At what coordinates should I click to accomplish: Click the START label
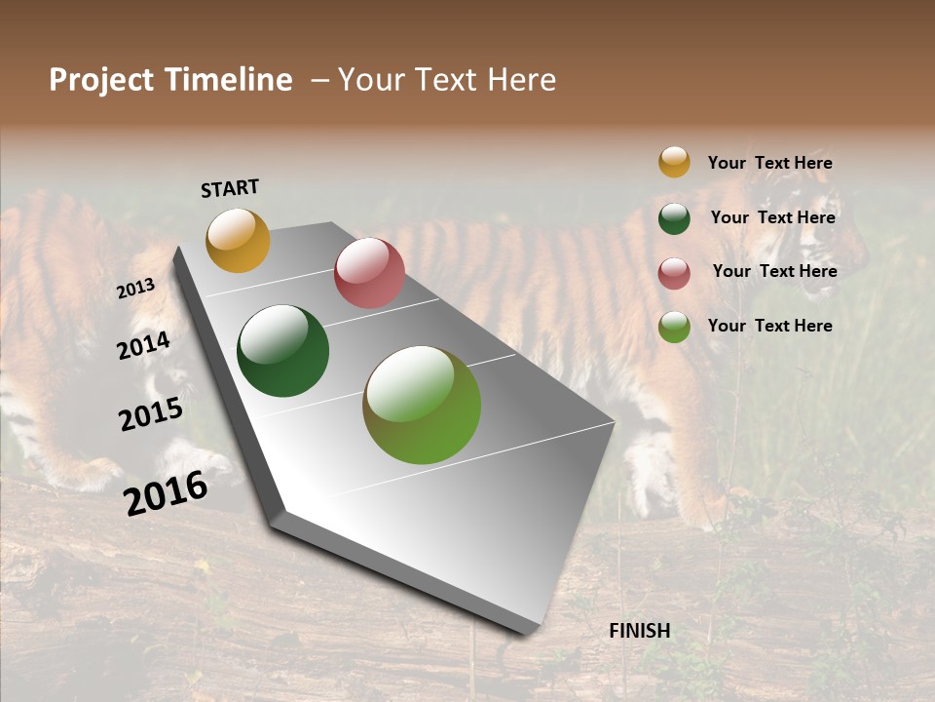tap(230, 188)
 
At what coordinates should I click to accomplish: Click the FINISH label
tap(639, 631)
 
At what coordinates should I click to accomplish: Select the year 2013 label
tap(135, 289)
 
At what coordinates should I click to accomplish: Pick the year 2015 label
tap(151, 414)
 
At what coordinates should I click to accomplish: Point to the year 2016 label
tap(166, 492)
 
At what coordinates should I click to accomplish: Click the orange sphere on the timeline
tap(238, 240)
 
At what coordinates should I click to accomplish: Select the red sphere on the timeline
tap(369, 273)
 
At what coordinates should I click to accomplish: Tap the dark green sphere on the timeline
tap(282, 351)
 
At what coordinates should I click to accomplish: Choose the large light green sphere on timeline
tap(422, 405)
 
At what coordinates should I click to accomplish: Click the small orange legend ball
tap(674, 162)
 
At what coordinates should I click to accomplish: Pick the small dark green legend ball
tap(674, 218)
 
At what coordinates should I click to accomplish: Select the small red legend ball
tap(674, 273)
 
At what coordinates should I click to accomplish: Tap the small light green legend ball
tap(674, 327)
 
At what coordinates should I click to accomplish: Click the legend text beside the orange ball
tap(769, 164)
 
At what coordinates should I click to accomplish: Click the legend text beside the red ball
tap(774, 271)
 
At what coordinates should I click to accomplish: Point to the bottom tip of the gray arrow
tap(527, 632)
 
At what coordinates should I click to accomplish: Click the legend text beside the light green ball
tap(769, 326)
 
